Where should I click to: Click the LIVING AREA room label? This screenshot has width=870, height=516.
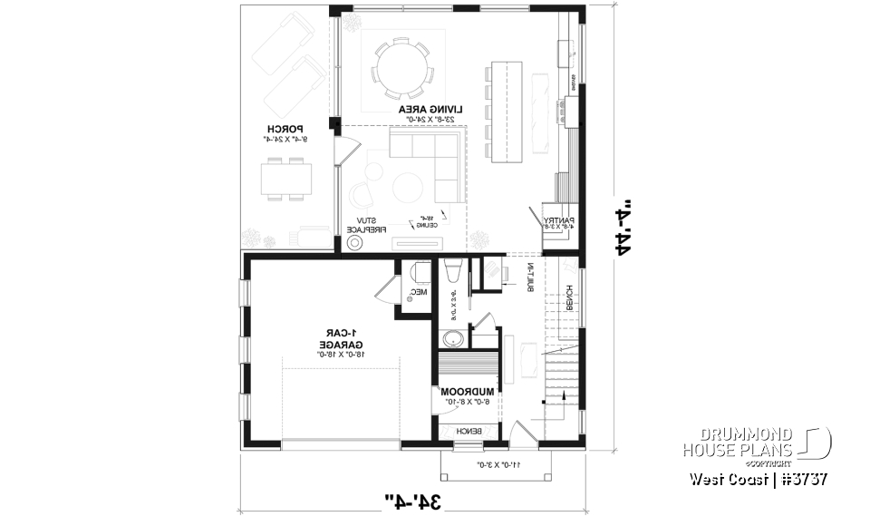coord(431,110)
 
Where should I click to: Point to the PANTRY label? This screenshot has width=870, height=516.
coord(556,221)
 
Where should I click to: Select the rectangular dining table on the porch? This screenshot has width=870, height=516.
coord(287,177)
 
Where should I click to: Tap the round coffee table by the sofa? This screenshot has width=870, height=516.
coord(407,186)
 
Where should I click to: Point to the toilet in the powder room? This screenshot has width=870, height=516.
coord(420,272)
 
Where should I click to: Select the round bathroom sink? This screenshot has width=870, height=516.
coord(453,339)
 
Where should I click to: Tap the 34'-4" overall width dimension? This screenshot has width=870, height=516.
coord(415,498)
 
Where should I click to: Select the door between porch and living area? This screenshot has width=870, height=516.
coord(341,151)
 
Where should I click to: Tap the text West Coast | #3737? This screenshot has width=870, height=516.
coord(758,479)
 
